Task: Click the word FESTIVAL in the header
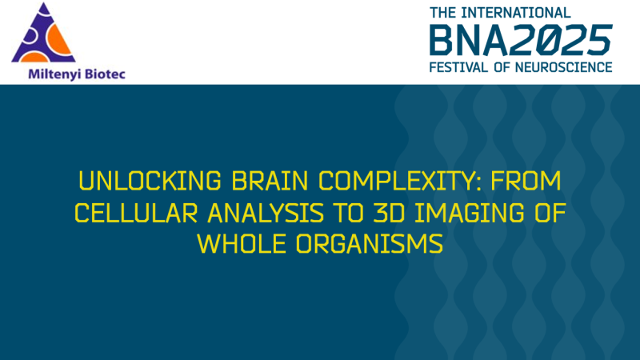pos(462,66)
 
